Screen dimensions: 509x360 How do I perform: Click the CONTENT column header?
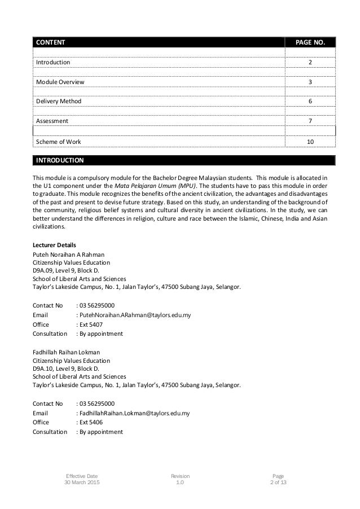[x=51, y=42]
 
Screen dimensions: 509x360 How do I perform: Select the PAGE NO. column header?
[x=310, y=42]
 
